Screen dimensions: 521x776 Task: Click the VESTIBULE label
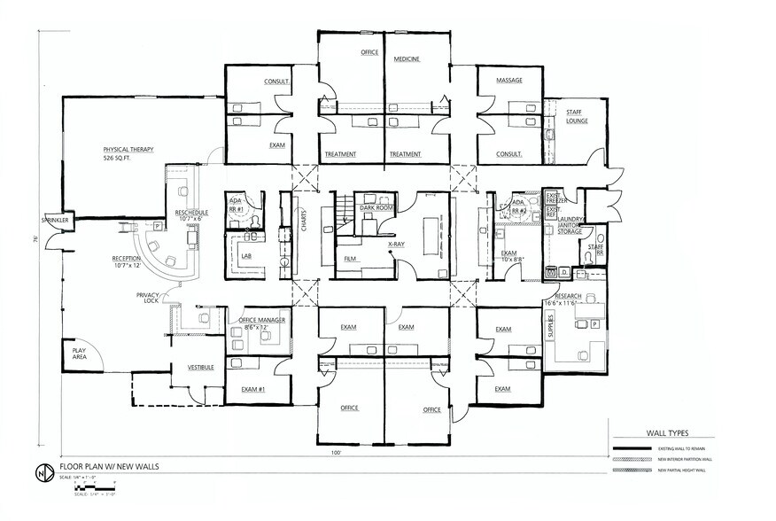[x=201, y=367]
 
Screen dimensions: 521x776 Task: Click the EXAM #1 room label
[x=253, y=389]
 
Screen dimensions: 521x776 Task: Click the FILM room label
[x=350, y=259]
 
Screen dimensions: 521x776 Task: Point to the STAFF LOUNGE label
[x=577, y=116]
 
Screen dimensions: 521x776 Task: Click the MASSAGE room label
[x=508, y=81]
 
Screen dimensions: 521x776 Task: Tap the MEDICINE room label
[x=407, y=59]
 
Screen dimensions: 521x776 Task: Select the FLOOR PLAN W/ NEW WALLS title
[x=110, y=466]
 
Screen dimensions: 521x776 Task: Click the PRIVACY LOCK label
[x=147, y=298]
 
